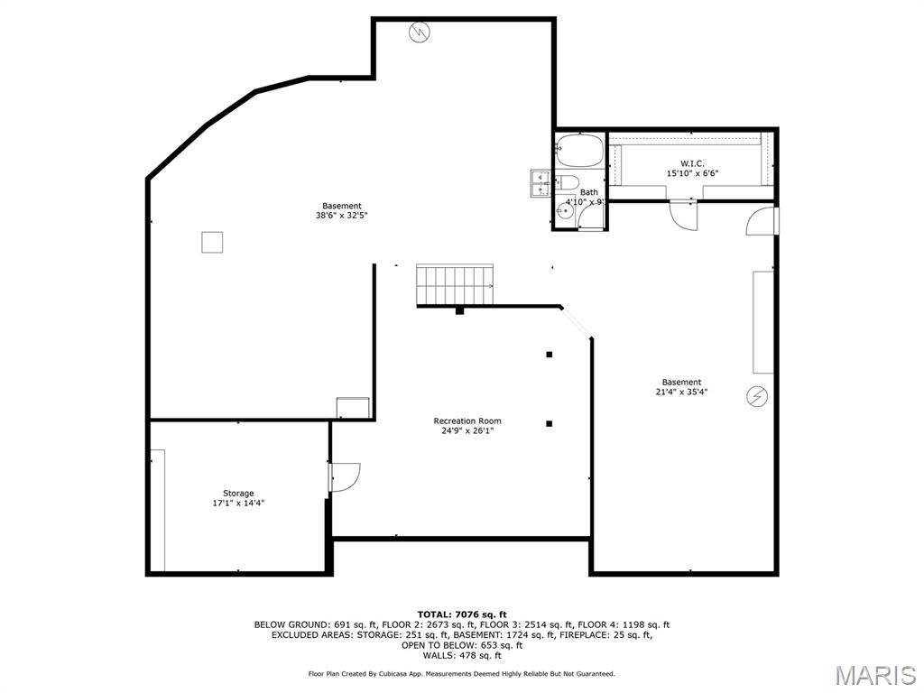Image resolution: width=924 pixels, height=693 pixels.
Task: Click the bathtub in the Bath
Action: [579, 150]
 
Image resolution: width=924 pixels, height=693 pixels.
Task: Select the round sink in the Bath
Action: [563, 213]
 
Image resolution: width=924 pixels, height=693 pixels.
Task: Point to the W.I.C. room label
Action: [692, 163]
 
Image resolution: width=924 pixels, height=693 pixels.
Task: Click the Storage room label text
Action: [238, 494]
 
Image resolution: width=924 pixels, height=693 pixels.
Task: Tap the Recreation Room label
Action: [467, 421]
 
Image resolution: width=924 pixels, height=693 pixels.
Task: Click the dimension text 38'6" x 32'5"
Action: [341, 216]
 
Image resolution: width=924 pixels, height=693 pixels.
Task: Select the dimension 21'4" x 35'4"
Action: [680, 392]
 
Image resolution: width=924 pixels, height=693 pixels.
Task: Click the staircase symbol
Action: [456, 285]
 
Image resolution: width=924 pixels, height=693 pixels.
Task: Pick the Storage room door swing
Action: [345, 476]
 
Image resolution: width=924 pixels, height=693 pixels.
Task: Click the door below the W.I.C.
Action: [683, 215]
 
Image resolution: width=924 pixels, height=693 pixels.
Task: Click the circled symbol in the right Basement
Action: [756, 395]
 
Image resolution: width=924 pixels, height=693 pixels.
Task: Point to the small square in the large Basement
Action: [212, 243]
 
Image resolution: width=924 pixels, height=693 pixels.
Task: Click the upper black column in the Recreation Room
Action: [549, 355]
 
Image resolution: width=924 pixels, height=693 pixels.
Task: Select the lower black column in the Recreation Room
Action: [549, 423]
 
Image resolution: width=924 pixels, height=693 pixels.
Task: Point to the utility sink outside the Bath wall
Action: [541, 181]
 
